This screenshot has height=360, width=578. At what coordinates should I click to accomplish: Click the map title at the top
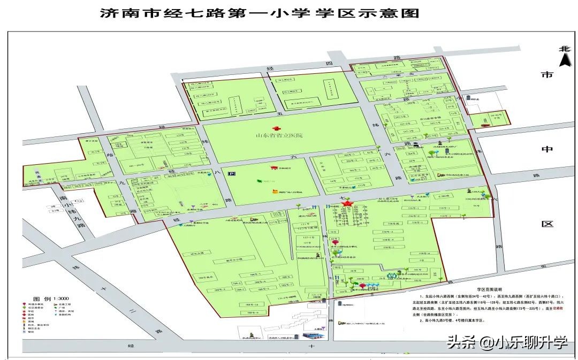[x=260, y=13]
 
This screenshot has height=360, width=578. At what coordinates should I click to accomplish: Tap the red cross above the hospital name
[x=277, y=128]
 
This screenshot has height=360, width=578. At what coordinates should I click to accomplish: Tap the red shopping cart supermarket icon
[x=273, y=168]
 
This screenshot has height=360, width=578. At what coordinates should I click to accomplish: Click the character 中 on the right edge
[x=546, y=149]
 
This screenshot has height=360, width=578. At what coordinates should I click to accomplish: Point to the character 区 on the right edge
[x=546, y=224]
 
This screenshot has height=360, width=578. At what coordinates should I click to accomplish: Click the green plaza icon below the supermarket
[x=260, y=181]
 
